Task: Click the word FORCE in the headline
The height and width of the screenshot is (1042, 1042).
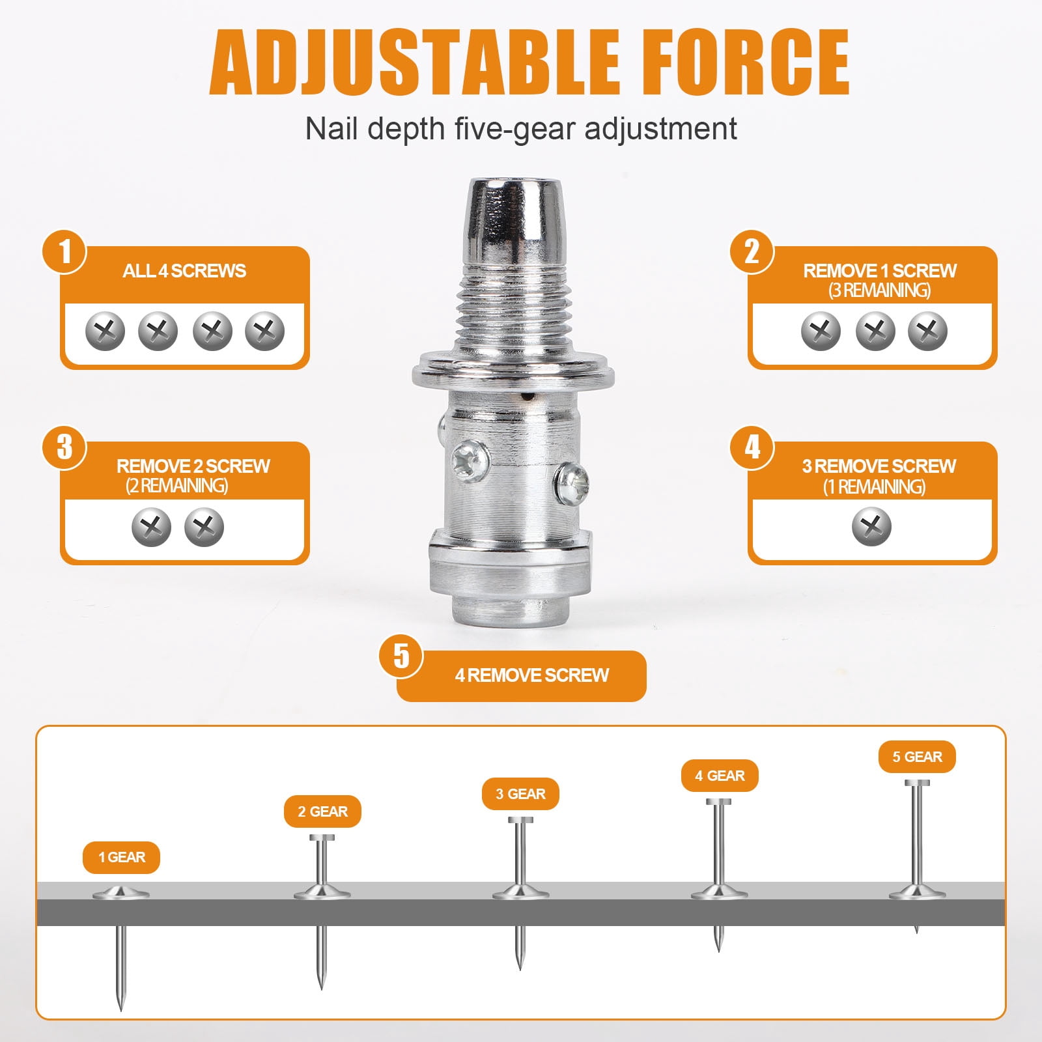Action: click(743, 62)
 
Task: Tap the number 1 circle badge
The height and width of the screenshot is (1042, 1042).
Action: click(64, 252)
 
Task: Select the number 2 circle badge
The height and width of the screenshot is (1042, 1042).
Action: click(752, 252)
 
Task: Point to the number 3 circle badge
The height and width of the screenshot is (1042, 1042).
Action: click(64, 447)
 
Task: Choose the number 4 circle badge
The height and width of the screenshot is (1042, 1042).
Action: click(752, 447)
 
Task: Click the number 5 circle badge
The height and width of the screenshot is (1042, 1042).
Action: click(401, 656)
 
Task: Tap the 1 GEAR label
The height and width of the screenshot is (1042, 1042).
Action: click(121, 857)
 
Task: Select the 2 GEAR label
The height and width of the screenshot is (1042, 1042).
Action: click(322, 811)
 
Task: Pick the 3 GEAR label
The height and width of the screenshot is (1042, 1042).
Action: click(520, 794)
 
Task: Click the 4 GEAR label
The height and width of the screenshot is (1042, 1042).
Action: click(720, 776)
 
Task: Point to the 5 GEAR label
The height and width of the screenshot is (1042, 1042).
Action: click(917, 757)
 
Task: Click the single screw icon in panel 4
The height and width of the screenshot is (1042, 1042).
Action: click(871, 527)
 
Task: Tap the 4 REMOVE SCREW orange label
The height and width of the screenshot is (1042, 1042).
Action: click(522, 676)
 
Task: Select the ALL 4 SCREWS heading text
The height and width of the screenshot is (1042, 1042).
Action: click(184, 271)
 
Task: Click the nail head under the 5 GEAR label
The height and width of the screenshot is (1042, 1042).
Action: click(917, 783)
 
